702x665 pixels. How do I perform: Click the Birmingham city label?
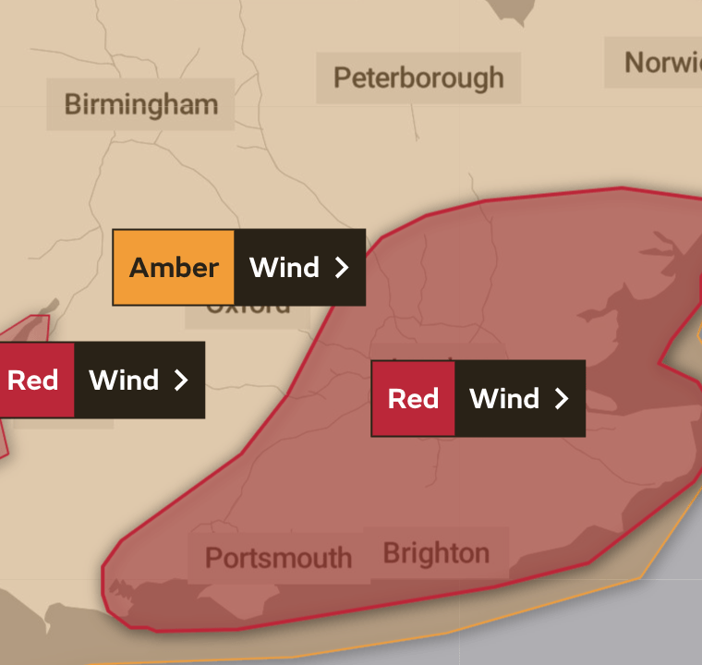point(141,104)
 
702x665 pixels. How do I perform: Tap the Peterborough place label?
point(418,78)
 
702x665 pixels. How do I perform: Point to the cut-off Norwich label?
point(661,63)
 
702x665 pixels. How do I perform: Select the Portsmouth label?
point(278,558)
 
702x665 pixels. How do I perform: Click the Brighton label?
point(436,553)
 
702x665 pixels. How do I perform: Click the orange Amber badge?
point(174,268)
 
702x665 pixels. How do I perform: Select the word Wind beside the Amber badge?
point(284,268)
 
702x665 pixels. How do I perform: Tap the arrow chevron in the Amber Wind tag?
point(342,268)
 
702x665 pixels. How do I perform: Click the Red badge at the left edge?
point(33,380)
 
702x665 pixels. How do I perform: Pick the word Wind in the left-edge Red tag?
point(124,380)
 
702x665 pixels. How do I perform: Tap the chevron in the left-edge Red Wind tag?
point(181,380)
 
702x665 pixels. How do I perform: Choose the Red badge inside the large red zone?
point(413,398)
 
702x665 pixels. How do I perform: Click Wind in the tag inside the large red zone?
point(504,398)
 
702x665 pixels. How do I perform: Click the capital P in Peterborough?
point(343,78)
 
